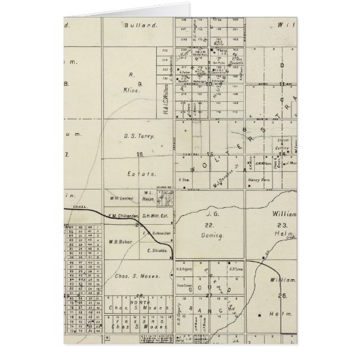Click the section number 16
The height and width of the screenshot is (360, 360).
140,155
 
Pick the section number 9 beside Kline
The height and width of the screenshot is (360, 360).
139,84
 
